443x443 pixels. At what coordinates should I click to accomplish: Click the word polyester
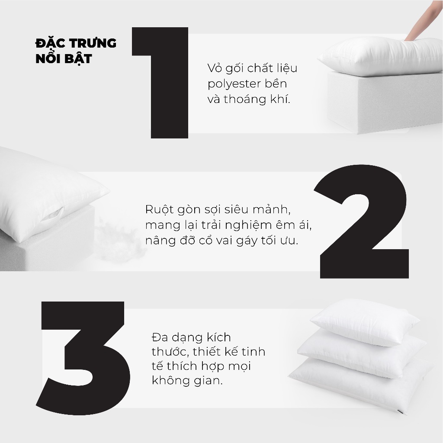(x=233, y=84)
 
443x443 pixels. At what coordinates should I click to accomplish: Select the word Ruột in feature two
(x=157, y=209)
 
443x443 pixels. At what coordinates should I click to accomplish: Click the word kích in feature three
(x=218, y=337)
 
